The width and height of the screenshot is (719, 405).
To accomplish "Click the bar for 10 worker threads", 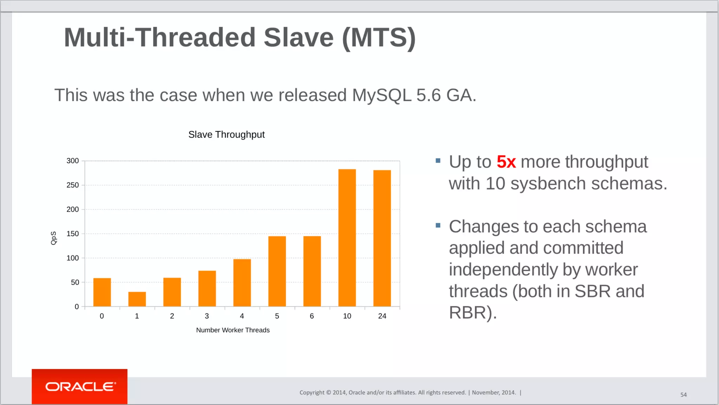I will click(x=347, y=238).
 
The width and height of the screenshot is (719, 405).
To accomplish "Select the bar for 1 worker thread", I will click(x=137, y=299).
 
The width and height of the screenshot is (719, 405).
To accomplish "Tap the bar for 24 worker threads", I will click(x=382, y=238).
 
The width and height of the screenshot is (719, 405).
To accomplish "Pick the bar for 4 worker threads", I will click(x=242, y=283).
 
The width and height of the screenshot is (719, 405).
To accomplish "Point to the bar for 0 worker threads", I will click(x=102, y=292).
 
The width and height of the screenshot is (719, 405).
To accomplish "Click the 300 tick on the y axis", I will click(x=73, y=161).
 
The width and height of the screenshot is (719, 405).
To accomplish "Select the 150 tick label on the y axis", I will click(x=73, y=234).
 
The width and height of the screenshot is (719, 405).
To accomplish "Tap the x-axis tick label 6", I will click(x=312, y=316).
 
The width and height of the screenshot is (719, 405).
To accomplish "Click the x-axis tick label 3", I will click(x=207, y=316).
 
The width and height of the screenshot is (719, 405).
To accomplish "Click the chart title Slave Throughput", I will click(x=226, y=135).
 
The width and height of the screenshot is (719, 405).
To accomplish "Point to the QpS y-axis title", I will click(x=53, y=238).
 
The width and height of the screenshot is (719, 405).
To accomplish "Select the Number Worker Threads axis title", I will click(x=233, y=330).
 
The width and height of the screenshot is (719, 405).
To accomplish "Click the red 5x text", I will click(x=506, y=162).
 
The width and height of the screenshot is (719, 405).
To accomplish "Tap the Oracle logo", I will click(x=80, y=387).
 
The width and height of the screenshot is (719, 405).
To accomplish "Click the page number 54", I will click(x=683, y=395).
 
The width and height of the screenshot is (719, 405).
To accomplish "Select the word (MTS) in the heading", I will click(x=379, y=38).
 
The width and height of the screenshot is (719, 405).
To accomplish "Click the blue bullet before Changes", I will click(x=438, y=225).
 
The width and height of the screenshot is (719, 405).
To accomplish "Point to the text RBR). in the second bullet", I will click(x=473, y=313).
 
